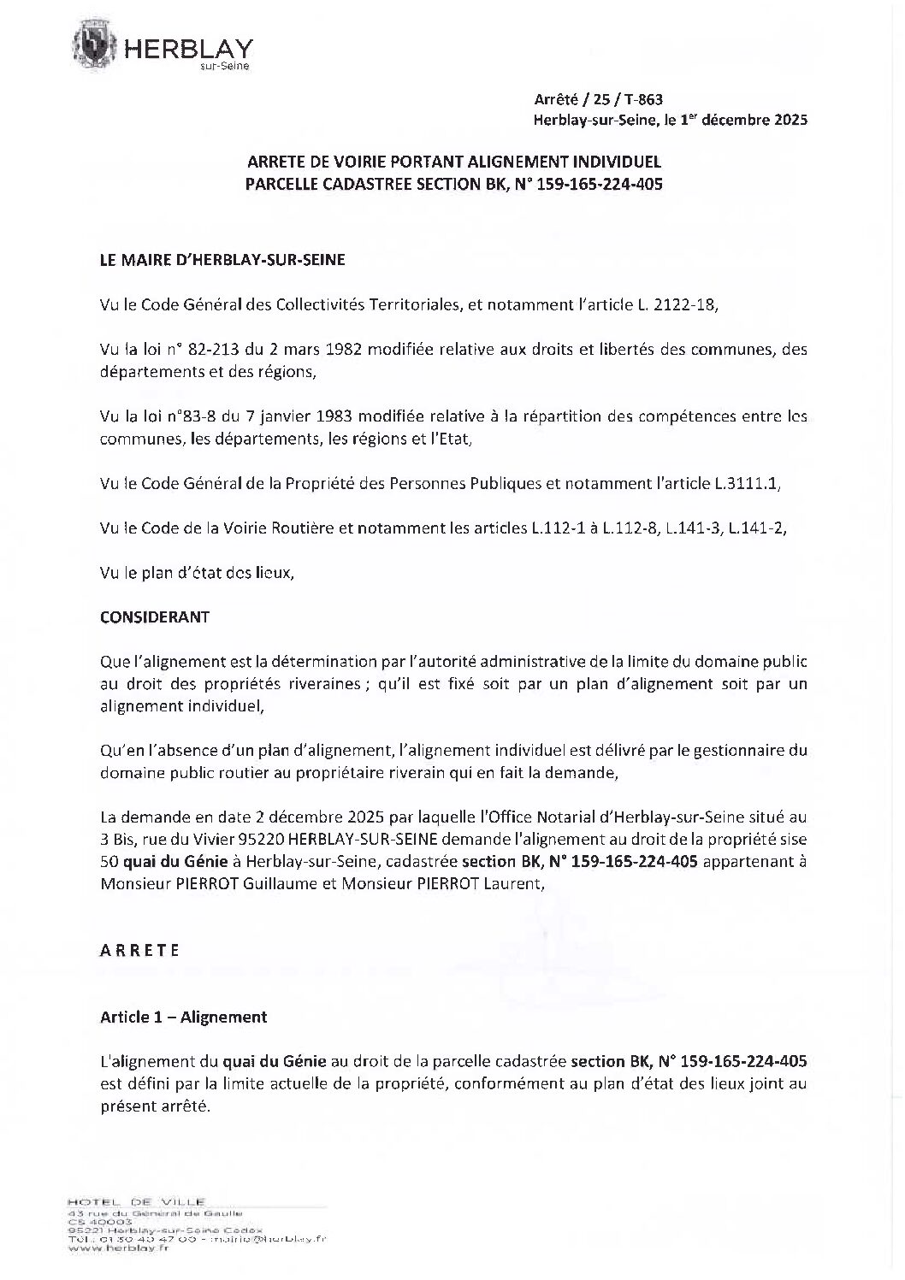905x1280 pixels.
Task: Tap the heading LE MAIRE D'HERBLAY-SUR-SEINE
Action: pyautogui.click(x=222, y=260)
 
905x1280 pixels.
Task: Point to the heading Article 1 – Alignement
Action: pyautogui.click(x=183, y=1017)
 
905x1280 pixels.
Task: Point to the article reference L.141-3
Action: pyautogui.click(x=696, y=528)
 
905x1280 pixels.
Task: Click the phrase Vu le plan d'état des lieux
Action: pyautogui.click(x=196, y=573)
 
